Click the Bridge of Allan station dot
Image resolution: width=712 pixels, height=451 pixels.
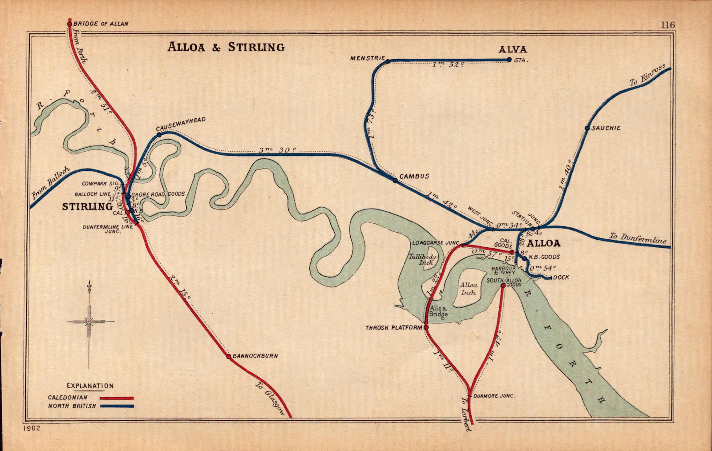click(x=69, y=24)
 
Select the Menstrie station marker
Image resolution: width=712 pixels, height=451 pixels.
click(x=388, y=61)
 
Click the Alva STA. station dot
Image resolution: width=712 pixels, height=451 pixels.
click(x=509, y=60)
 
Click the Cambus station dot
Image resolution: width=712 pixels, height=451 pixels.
click(x=395, y=180)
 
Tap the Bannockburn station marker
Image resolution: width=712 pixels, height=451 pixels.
click(x=229, y=356)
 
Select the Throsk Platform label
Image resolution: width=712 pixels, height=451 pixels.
click(x=393, y=328)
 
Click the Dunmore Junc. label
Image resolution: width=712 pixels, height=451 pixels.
click(x=494, y=395)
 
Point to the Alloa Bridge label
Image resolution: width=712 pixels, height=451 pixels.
click(x=438, y=311)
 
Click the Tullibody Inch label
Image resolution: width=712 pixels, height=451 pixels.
click(x=422, y=259)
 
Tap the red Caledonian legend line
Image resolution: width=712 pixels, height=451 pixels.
click(x=117, y=398)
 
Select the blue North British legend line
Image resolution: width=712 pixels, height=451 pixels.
click(x=117, y=406)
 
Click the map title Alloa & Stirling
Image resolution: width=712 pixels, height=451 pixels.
click(x=226, y=47)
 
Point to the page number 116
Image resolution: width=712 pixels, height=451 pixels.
click(x=667, y=25)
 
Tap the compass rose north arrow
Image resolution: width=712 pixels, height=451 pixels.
click(x=90, y=285)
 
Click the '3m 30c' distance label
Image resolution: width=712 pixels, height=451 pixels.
click(x=277, y=150)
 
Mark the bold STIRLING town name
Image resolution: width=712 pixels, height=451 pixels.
click(x=87, y=206)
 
